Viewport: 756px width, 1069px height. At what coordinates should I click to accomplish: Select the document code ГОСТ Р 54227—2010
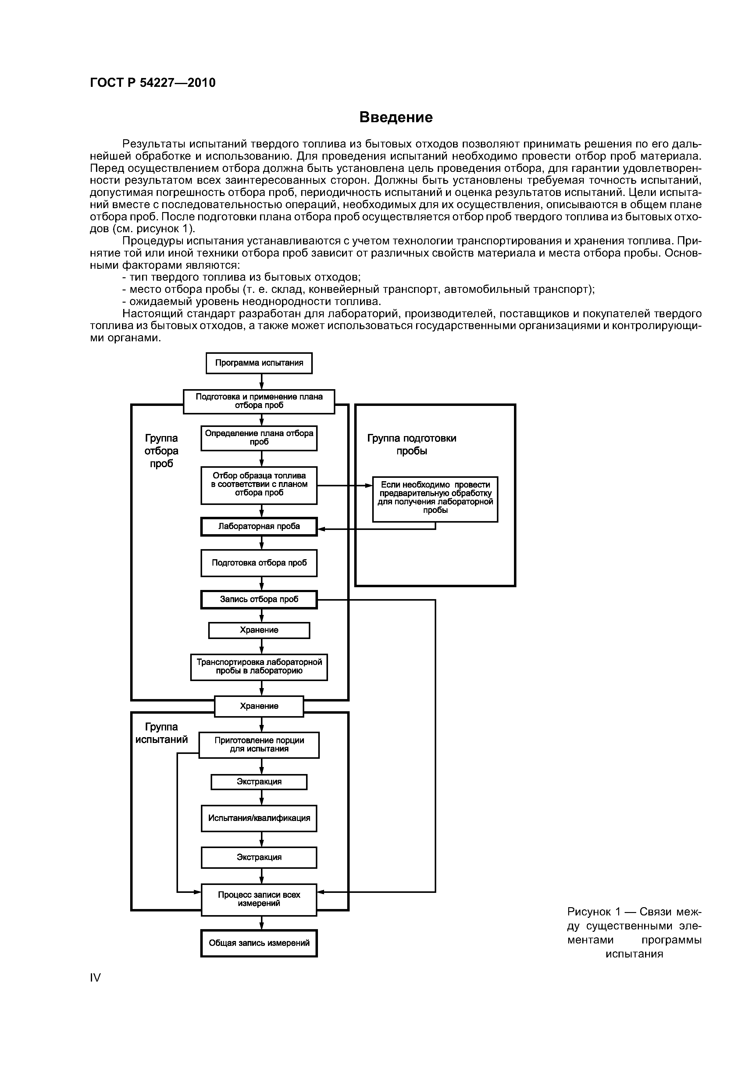tap(153, 83)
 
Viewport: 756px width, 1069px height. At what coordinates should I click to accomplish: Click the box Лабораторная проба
tap(259, 527)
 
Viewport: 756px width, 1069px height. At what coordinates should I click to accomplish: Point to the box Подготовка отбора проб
tap(259, 563)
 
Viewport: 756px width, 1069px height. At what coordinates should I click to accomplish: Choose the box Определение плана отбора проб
tap(259, 438)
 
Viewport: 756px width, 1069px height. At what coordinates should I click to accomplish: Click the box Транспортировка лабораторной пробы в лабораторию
tap(259, 667)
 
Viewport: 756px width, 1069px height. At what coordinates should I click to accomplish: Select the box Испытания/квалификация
tap(259, 818)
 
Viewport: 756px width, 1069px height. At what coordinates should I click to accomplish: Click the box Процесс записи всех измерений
tap(259, 899)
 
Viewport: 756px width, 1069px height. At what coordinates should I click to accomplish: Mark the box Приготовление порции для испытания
tap(259, 745)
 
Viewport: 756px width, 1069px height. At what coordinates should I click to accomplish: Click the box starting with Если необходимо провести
tap(435, 498)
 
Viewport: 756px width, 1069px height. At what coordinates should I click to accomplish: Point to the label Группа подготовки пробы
tap(412, 445)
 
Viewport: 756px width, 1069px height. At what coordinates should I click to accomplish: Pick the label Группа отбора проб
tap(161, 451)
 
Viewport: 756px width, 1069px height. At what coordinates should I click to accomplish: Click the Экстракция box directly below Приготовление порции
tap(259, 782)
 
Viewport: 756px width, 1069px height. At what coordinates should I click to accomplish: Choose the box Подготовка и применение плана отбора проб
tap(259, 401)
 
